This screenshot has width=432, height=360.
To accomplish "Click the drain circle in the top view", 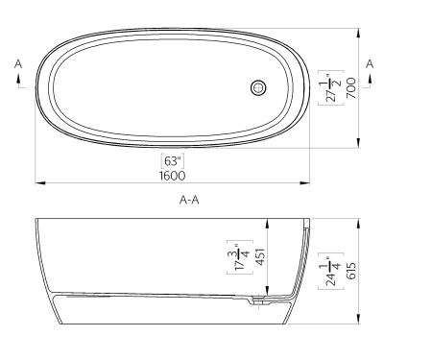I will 258,88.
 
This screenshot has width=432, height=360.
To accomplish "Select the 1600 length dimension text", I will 173,175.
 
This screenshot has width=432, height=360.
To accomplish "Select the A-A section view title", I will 189,202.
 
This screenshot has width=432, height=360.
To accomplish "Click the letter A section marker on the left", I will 18,63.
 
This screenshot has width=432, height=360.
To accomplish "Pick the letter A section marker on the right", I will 370,63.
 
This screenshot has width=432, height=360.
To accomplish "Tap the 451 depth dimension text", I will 258,256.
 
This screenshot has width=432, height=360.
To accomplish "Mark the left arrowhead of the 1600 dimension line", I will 39,181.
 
